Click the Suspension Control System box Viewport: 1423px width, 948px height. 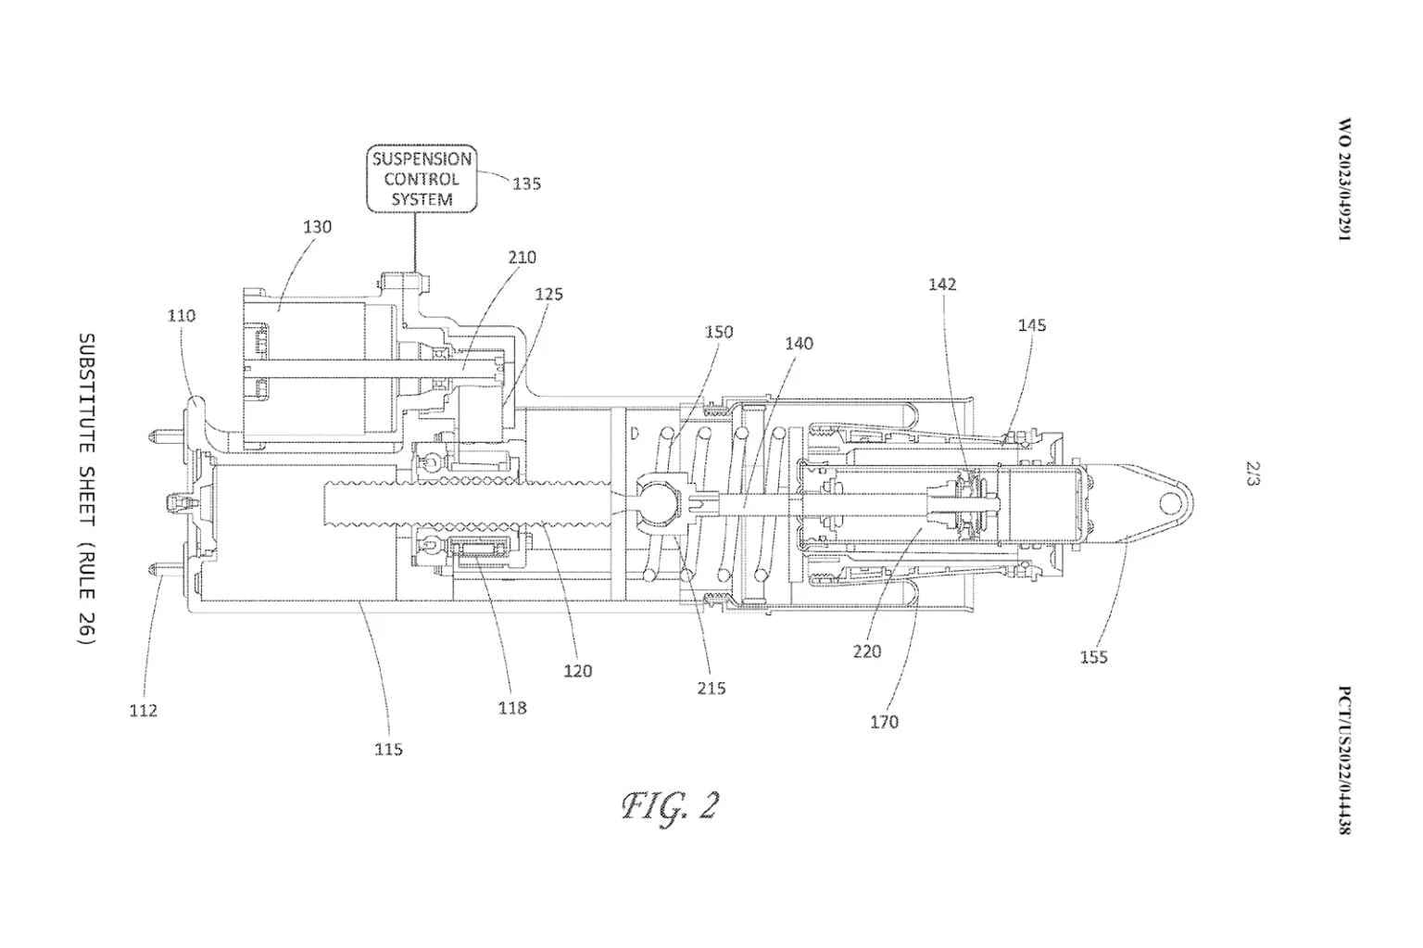point(422,179)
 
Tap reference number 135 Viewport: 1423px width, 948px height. point(526,183)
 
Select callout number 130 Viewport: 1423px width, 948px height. point(317,226)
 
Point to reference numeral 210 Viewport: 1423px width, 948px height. point(522,257)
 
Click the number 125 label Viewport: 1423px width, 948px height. point(548,295)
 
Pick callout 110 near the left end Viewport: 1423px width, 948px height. point(182,315)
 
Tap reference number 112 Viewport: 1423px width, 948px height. point(143,711)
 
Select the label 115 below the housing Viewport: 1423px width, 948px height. point(388,749)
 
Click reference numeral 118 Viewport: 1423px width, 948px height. point(511,708)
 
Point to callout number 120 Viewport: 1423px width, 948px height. point(577,670)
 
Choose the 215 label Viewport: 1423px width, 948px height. point(711,688)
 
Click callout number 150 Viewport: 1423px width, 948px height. point(718,332)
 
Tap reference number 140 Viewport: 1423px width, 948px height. point(799,344)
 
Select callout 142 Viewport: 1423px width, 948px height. point(942,284)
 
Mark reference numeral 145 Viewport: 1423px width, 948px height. point(1031,324)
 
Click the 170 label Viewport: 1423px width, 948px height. point(884,721)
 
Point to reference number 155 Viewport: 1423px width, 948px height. point(1093,657)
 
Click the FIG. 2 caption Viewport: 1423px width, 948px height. point(670,806)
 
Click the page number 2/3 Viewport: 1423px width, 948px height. point(1253,475)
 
